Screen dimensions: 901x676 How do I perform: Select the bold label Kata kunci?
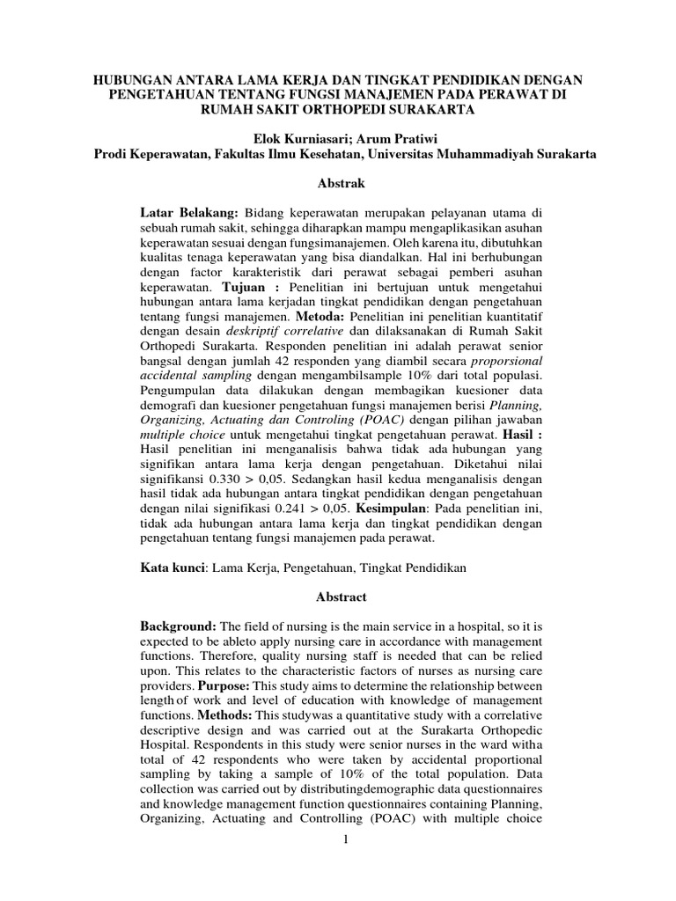173,568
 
